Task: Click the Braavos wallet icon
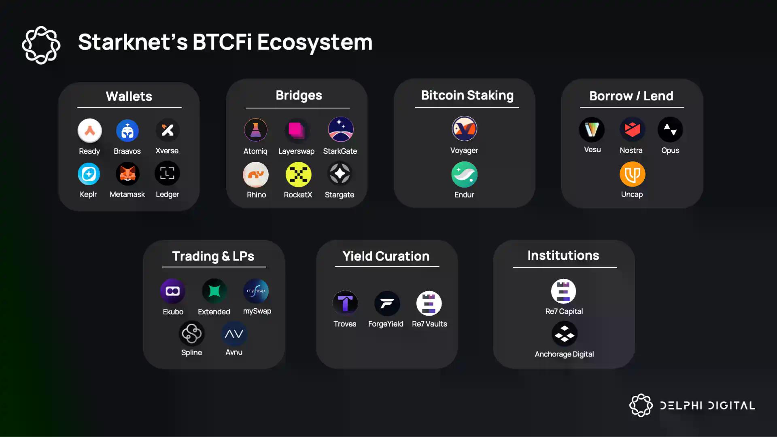[x=127, y=131]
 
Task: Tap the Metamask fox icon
[x=127, y=174]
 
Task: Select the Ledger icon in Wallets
[x=167, y=174]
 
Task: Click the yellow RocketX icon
[x=298, y=174]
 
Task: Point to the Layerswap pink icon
[x=297, y=130]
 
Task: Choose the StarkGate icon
[x=340, y=129]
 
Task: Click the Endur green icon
[x=464, y=174]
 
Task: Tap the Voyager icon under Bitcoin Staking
[x=464, y=129]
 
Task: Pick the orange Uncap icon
[x=632, y=174]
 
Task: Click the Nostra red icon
[x=632, y=129]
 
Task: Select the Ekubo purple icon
[x=173, y=291]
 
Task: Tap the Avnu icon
[x=234, y=334]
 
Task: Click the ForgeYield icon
[x=387, y=303]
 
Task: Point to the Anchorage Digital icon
[x=564, y=334]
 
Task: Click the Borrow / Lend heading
[x=631, y=96]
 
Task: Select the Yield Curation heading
[x=386, y=256]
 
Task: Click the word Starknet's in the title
[x=133, y=42]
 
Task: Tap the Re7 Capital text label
[x=564, y=311]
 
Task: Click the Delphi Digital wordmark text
[x=707, y=405]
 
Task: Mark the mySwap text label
[x=257, y=311]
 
